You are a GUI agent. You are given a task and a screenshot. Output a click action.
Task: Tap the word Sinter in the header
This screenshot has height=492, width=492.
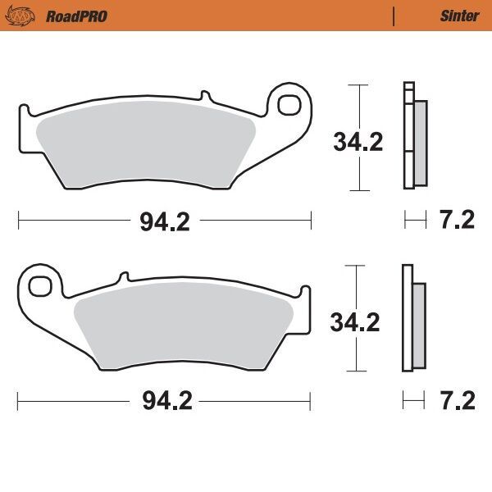coord(459,16)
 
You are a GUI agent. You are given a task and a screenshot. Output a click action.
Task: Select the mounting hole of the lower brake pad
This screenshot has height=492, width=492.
coord(38,287)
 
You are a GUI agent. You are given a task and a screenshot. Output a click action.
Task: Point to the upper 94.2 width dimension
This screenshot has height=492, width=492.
coord(164,221)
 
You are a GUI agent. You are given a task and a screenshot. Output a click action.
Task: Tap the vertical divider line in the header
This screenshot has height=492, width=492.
coord(394,16)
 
